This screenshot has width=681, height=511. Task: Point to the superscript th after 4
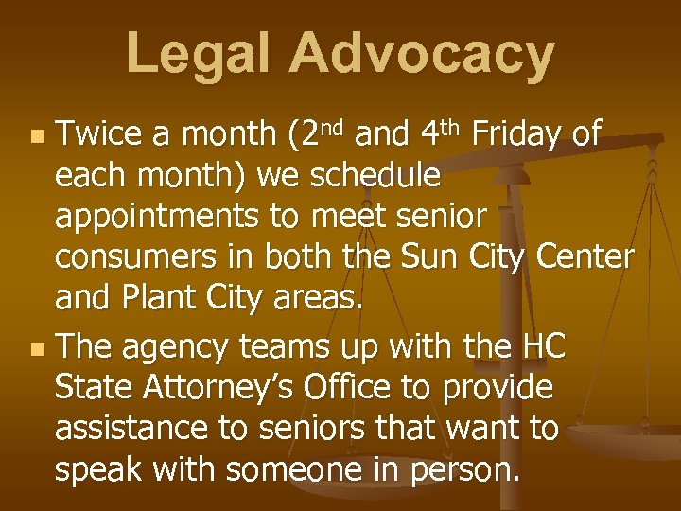pos(451,126)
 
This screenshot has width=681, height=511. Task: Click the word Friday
pos(519,134)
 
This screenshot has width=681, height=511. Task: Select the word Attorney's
pos(238,389)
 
